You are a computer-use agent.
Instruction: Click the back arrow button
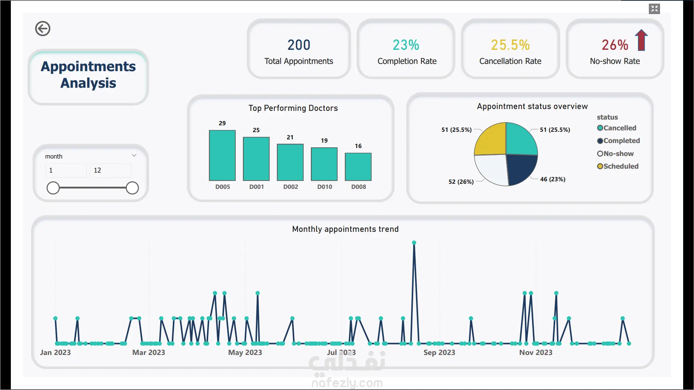pos(43,29)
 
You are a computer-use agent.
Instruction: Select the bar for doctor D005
pos(222,155)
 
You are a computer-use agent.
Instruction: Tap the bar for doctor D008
pos(358,167)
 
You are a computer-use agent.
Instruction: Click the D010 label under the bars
pos(325,187)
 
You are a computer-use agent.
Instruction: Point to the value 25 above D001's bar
pos(256,130)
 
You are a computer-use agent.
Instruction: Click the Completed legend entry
pos(618,141)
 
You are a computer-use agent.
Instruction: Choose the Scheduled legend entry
pos(618,166)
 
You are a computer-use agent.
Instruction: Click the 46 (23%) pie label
pos(553,179)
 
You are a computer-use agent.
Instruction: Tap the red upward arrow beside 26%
pos(641,40)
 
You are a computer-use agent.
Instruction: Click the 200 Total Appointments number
pos(299,45)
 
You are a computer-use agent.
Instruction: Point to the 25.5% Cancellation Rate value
pos(510,45)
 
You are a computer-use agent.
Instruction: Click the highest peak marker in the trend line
pos(414,243)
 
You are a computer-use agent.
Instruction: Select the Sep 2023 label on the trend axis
pos(439,352)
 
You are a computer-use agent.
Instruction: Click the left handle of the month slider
pos(53,188)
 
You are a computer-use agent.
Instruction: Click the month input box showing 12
pos(110,170)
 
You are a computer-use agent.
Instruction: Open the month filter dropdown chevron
pos(134,156)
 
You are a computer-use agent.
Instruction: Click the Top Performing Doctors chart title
pos(293,108)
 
